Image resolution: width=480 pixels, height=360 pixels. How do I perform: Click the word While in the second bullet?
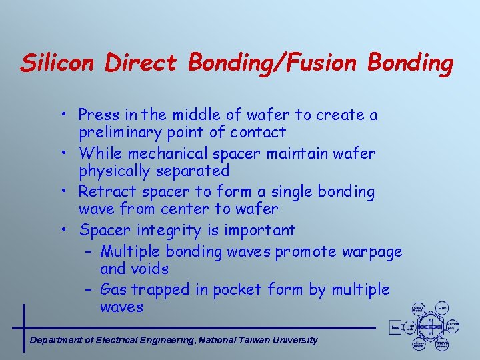[98, 153]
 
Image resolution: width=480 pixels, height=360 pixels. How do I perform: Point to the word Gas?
[113, 289]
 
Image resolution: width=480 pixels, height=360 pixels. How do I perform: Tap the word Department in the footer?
[56, 340]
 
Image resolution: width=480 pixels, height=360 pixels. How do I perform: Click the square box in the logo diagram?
[395, 327]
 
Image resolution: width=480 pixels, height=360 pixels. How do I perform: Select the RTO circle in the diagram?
[441, 308]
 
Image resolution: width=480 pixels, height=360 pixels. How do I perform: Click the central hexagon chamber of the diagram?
[430, 326]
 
